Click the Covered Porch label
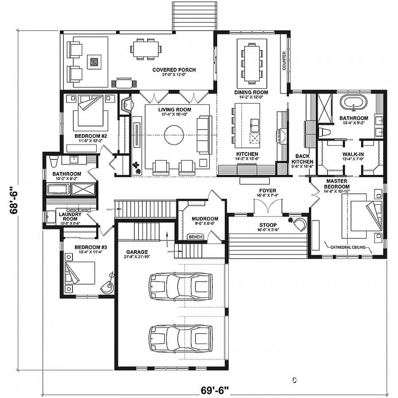pyautogui.click(x=174, y=70)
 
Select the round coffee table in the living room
pyautogui.click(x=174, y=134)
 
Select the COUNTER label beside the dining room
pyautogui.click(x=284, y=61)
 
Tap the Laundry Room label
pyautogui.click(x=70, y=217)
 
